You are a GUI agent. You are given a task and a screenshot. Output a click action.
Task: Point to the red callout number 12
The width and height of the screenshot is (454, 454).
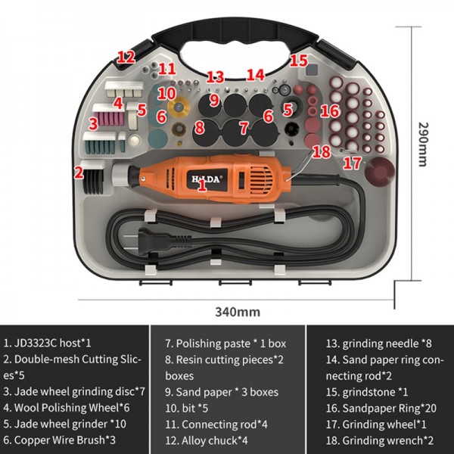pos(126,57)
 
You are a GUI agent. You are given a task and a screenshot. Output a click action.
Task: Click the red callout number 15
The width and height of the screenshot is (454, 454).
pos(299,61)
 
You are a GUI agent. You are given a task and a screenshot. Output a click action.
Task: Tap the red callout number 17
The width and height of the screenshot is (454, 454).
pos(351,162)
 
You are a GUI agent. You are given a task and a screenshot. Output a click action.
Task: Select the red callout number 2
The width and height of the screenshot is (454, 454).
pos(78,172)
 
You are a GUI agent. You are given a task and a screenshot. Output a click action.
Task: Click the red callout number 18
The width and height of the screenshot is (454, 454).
pos(321,151)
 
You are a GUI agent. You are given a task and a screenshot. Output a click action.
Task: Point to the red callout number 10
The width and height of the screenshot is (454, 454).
pos(167,94)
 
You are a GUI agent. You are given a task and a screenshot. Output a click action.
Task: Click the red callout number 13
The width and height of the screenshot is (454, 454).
pos(215,76)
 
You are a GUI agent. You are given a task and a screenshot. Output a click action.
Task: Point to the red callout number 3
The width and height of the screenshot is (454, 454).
pos(92,122)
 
